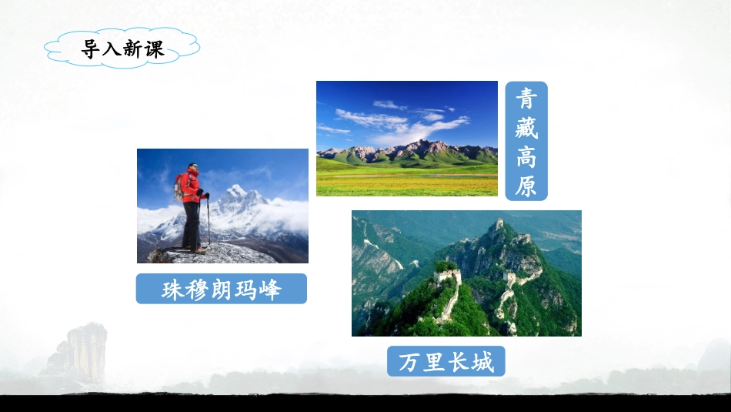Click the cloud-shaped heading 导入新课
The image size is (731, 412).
pos(122,49)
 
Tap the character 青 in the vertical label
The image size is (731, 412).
pos(526,98)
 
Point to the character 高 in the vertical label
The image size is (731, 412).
pos(526,156)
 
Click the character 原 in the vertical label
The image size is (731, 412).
pos(526,186)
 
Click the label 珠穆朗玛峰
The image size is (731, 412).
pos(222,289)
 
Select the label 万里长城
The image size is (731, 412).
pos(446,361)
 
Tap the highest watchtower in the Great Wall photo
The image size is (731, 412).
pos(499,224)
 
